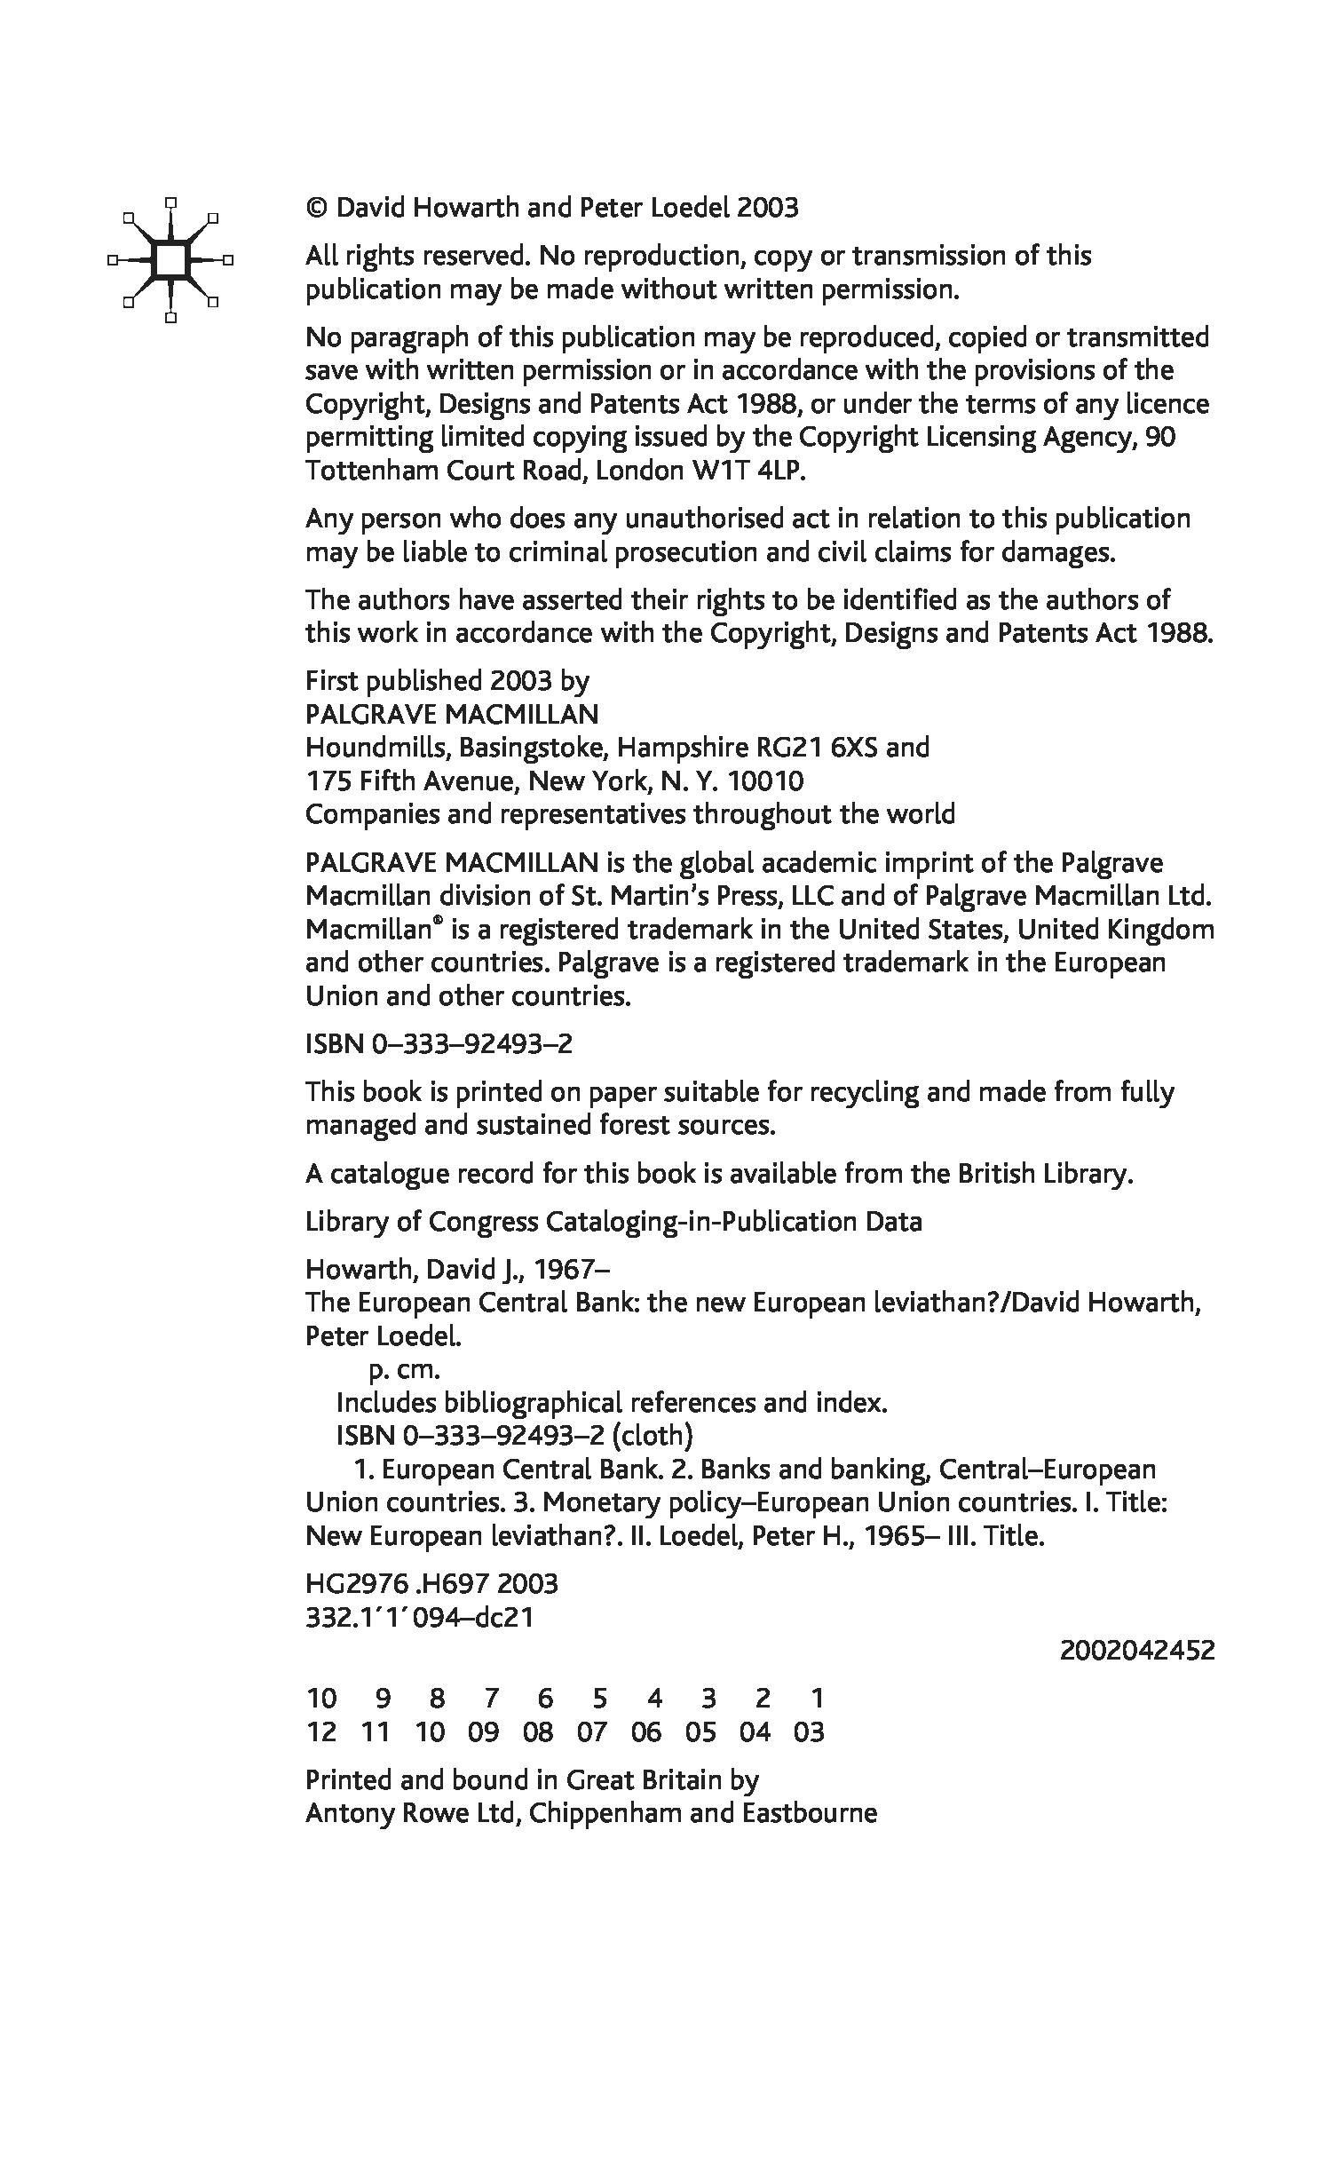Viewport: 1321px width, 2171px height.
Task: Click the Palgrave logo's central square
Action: point(171,260)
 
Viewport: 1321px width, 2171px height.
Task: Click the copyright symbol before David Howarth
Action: point(317,209)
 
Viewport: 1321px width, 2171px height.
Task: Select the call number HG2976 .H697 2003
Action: point(431,1584)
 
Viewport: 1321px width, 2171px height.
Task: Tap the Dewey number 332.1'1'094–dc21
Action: point(419,1617)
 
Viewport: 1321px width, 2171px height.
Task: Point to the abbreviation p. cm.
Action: point(404,1369)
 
